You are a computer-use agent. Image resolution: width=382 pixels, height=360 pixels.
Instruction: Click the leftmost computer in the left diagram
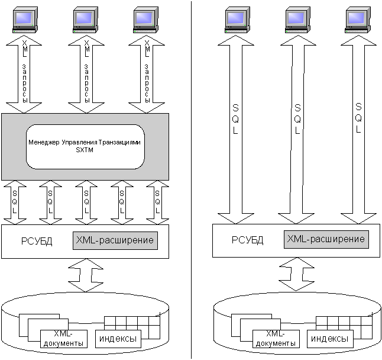[25, 20]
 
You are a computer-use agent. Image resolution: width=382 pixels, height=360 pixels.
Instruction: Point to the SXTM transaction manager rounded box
[85, 146]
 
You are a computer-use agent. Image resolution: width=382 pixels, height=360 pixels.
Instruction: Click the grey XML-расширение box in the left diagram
[115, 240]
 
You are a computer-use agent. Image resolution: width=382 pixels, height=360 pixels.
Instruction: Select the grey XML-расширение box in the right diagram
[326, 239]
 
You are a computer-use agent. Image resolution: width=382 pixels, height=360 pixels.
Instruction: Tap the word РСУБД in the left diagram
[37, 242]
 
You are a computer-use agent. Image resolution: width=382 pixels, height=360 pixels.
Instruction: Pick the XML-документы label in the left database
[66, 338]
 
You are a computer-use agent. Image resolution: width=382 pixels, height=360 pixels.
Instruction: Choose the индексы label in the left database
[118, 339]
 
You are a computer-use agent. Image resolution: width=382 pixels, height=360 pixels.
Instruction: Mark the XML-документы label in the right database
[277, 338]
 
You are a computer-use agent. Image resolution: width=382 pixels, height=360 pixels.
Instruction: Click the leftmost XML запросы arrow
[25, 74]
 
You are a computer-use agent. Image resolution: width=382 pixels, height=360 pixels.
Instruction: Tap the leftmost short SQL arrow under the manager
[15, 201]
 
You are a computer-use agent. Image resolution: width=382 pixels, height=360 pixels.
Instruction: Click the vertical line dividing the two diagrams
[191, 178]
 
